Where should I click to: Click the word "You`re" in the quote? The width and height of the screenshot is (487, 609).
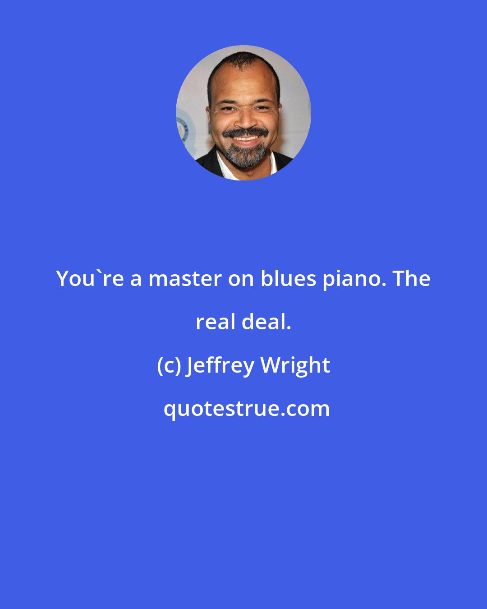[90, 279]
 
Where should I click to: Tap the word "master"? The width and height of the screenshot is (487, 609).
[185, 279]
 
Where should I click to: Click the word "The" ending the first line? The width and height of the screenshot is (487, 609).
[412, 279]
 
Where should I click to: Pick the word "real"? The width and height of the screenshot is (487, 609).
[216, 322]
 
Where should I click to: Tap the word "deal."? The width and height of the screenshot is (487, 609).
[266, 322]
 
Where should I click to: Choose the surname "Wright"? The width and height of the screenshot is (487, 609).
[295, 365]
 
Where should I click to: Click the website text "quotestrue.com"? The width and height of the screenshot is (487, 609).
[246, 409]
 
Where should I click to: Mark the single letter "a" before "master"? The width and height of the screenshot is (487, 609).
[136, 279]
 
